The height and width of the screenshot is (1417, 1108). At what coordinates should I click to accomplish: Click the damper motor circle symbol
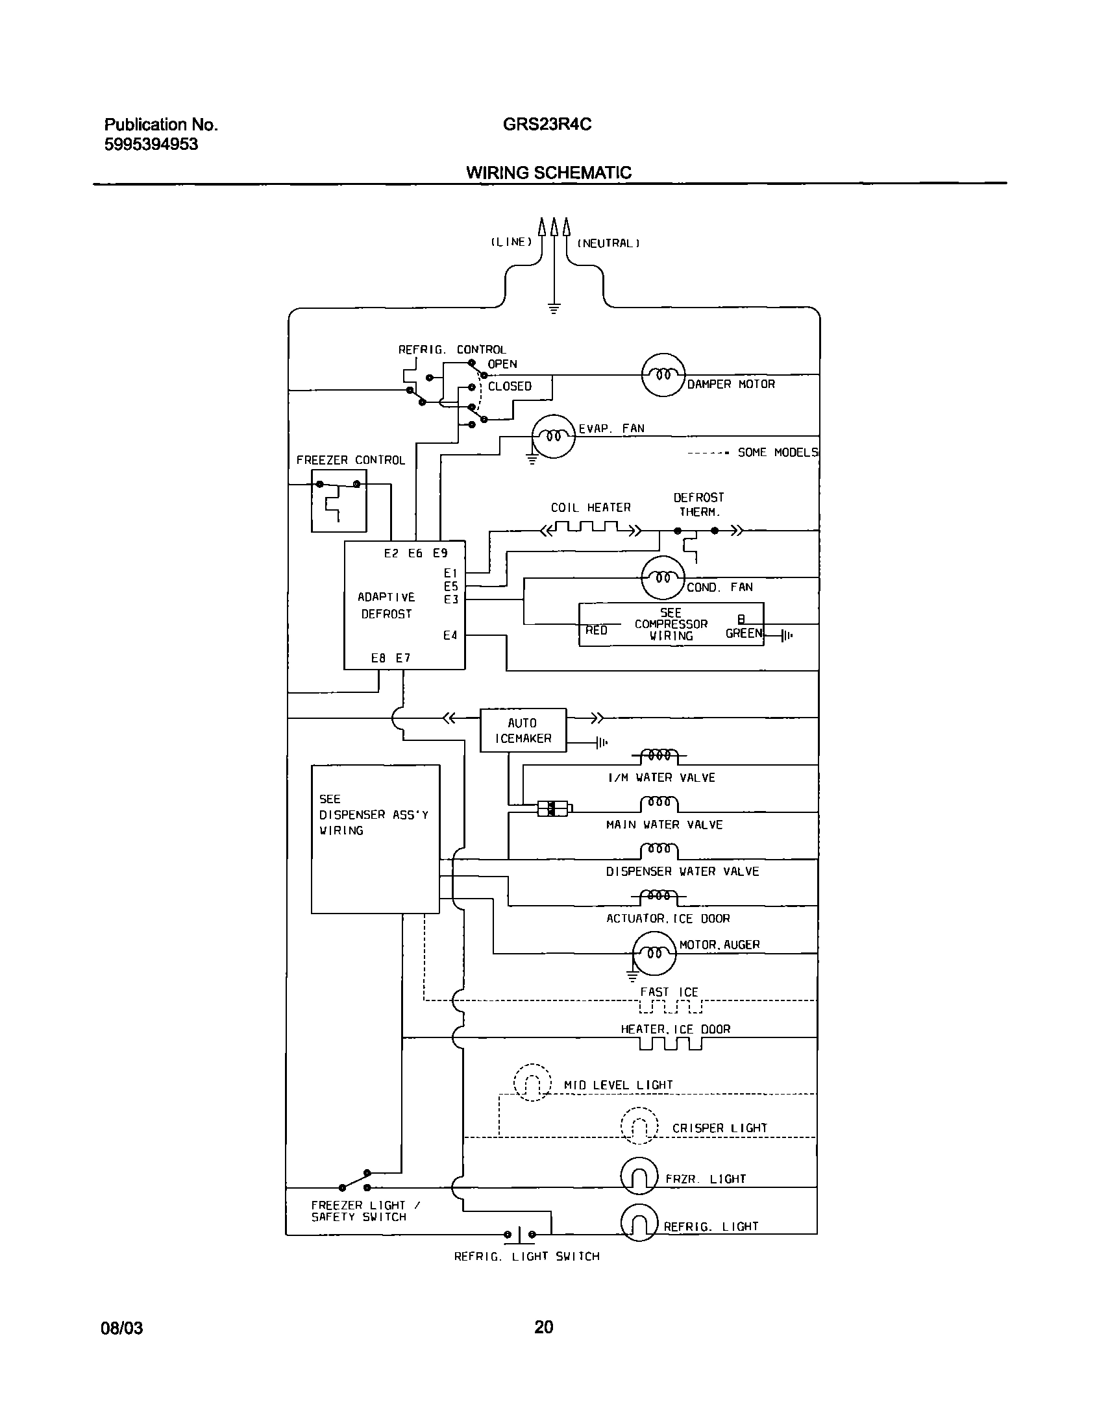663,374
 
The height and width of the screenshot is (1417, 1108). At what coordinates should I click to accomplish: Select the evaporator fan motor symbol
553,436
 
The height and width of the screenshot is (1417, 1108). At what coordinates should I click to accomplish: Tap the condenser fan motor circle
663,577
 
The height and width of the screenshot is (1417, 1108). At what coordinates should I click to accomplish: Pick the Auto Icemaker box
523,730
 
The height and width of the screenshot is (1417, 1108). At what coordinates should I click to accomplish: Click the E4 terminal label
450,635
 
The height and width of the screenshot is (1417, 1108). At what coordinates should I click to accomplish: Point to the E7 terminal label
403,658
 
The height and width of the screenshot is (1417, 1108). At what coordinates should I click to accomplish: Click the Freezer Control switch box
338,501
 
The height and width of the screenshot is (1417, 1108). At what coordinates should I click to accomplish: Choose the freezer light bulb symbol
639,1176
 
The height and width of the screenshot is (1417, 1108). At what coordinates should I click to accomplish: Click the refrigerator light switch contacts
520,1234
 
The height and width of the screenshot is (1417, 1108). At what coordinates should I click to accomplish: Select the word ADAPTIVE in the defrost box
386,597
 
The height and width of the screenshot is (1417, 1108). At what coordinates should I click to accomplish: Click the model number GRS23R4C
547,125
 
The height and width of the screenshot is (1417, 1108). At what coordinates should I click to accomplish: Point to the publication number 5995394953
151,144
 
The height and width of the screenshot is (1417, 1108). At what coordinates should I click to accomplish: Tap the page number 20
543,1327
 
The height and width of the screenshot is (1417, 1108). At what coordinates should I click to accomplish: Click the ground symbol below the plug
553,309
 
